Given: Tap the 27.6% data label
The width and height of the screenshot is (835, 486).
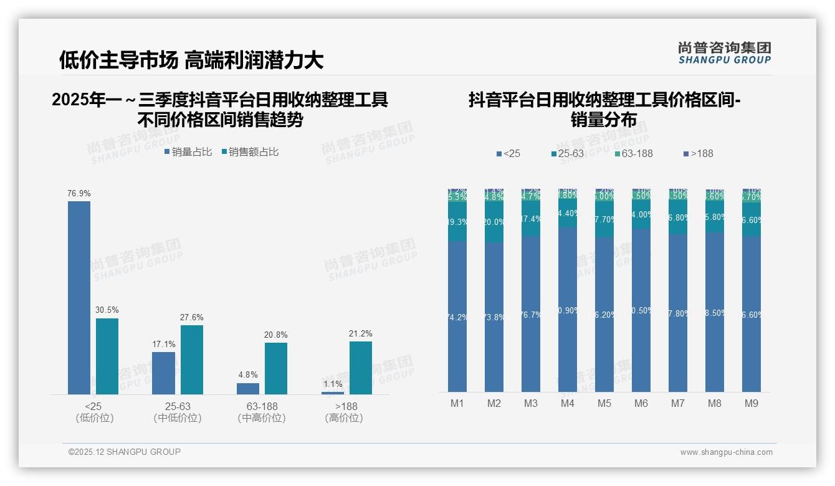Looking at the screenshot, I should click(191, 317).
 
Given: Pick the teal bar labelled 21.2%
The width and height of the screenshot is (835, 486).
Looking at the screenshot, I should click(360, 368).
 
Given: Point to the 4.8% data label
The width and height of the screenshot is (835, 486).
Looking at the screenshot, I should click(247, 375).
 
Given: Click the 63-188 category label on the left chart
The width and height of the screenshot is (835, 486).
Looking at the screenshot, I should click(262, 406).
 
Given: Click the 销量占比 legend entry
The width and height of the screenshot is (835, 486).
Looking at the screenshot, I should click(188, 152).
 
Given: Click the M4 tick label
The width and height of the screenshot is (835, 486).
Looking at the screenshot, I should click(568, 403).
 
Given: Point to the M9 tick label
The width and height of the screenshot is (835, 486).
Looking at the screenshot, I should click(751, 403).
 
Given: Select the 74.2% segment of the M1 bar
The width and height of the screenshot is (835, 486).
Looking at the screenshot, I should click(457, 317).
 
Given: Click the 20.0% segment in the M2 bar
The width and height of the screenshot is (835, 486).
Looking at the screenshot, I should click(494, 222).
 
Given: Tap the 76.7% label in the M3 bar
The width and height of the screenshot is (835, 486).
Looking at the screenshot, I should click(531, 315).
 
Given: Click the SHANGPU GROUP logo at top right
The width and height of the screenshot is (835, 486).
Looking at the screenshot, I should click(724, 53).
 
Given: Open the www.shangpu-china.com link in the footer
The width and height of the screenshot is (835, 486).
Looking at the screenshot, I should click(726, 452).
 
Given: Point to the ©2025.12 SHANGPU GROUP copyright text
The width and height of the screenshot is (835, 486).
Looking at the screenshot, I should click(125, 452).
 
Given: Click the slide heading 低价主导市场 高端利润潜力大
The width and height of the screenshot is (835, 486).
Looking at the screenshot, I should click(191, 60).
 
